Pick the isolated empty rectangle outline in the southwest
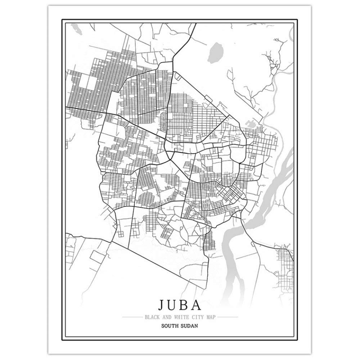coord(96,256)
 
